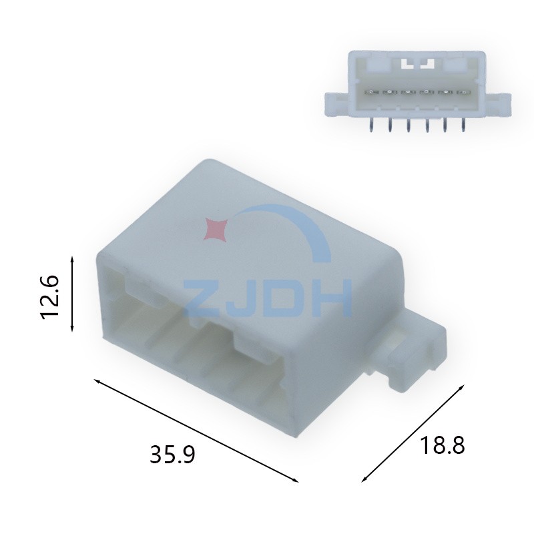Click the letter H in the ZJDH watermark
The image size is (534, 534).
(332, 297)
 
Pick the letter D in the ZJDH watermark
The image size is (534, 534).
(286, 297)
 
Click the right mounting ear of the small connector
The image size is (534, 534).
(498, 103)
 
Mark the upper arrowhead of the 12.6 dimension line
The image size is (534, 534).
(72, 256)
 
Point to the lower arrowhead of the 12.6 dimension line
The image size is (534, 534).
(72, 330)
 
